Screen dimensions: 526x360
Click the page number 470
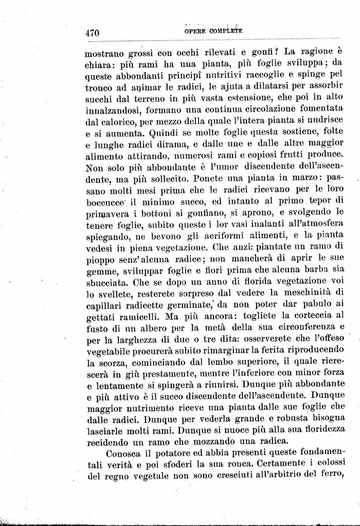[92, 32]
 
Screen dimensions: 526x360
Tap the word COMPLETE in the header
[226, 31]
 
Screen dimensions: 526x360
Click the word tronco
[98, 87]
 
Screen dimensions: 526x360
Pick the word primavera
[106, 213]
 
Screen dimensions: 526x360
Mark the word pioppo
[98, 260]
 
